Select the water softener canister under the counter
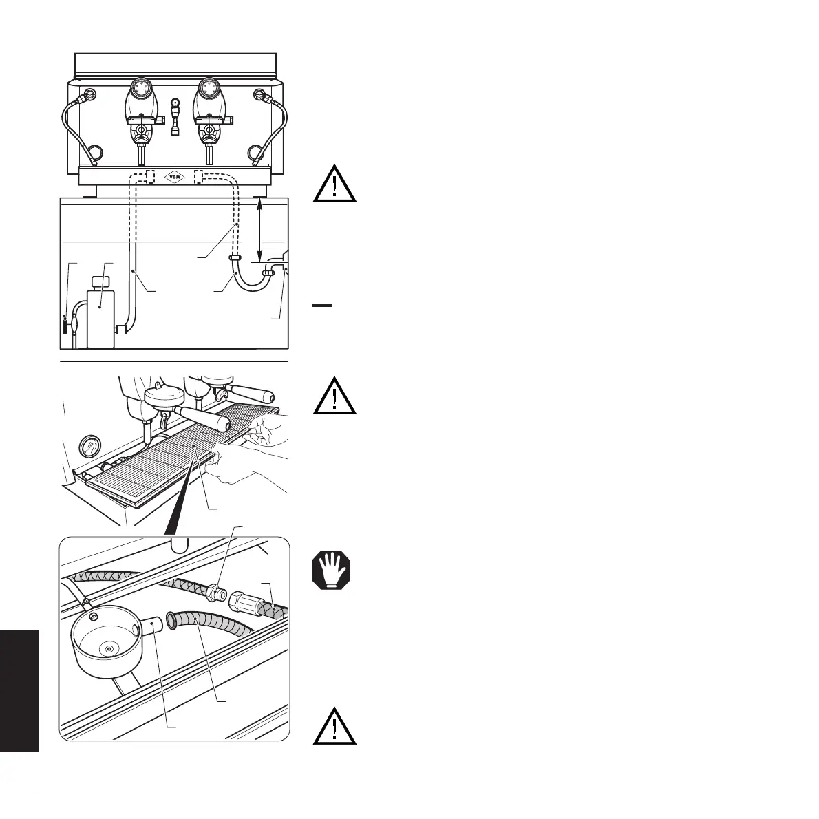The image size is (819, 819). tap(100, 314)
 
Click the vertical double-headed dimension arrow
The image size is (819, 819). tap(259, 231)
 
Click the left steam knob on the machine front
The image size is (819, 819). tap(87, 95)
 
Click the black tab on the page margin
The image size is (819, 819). tap(19, 688)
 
